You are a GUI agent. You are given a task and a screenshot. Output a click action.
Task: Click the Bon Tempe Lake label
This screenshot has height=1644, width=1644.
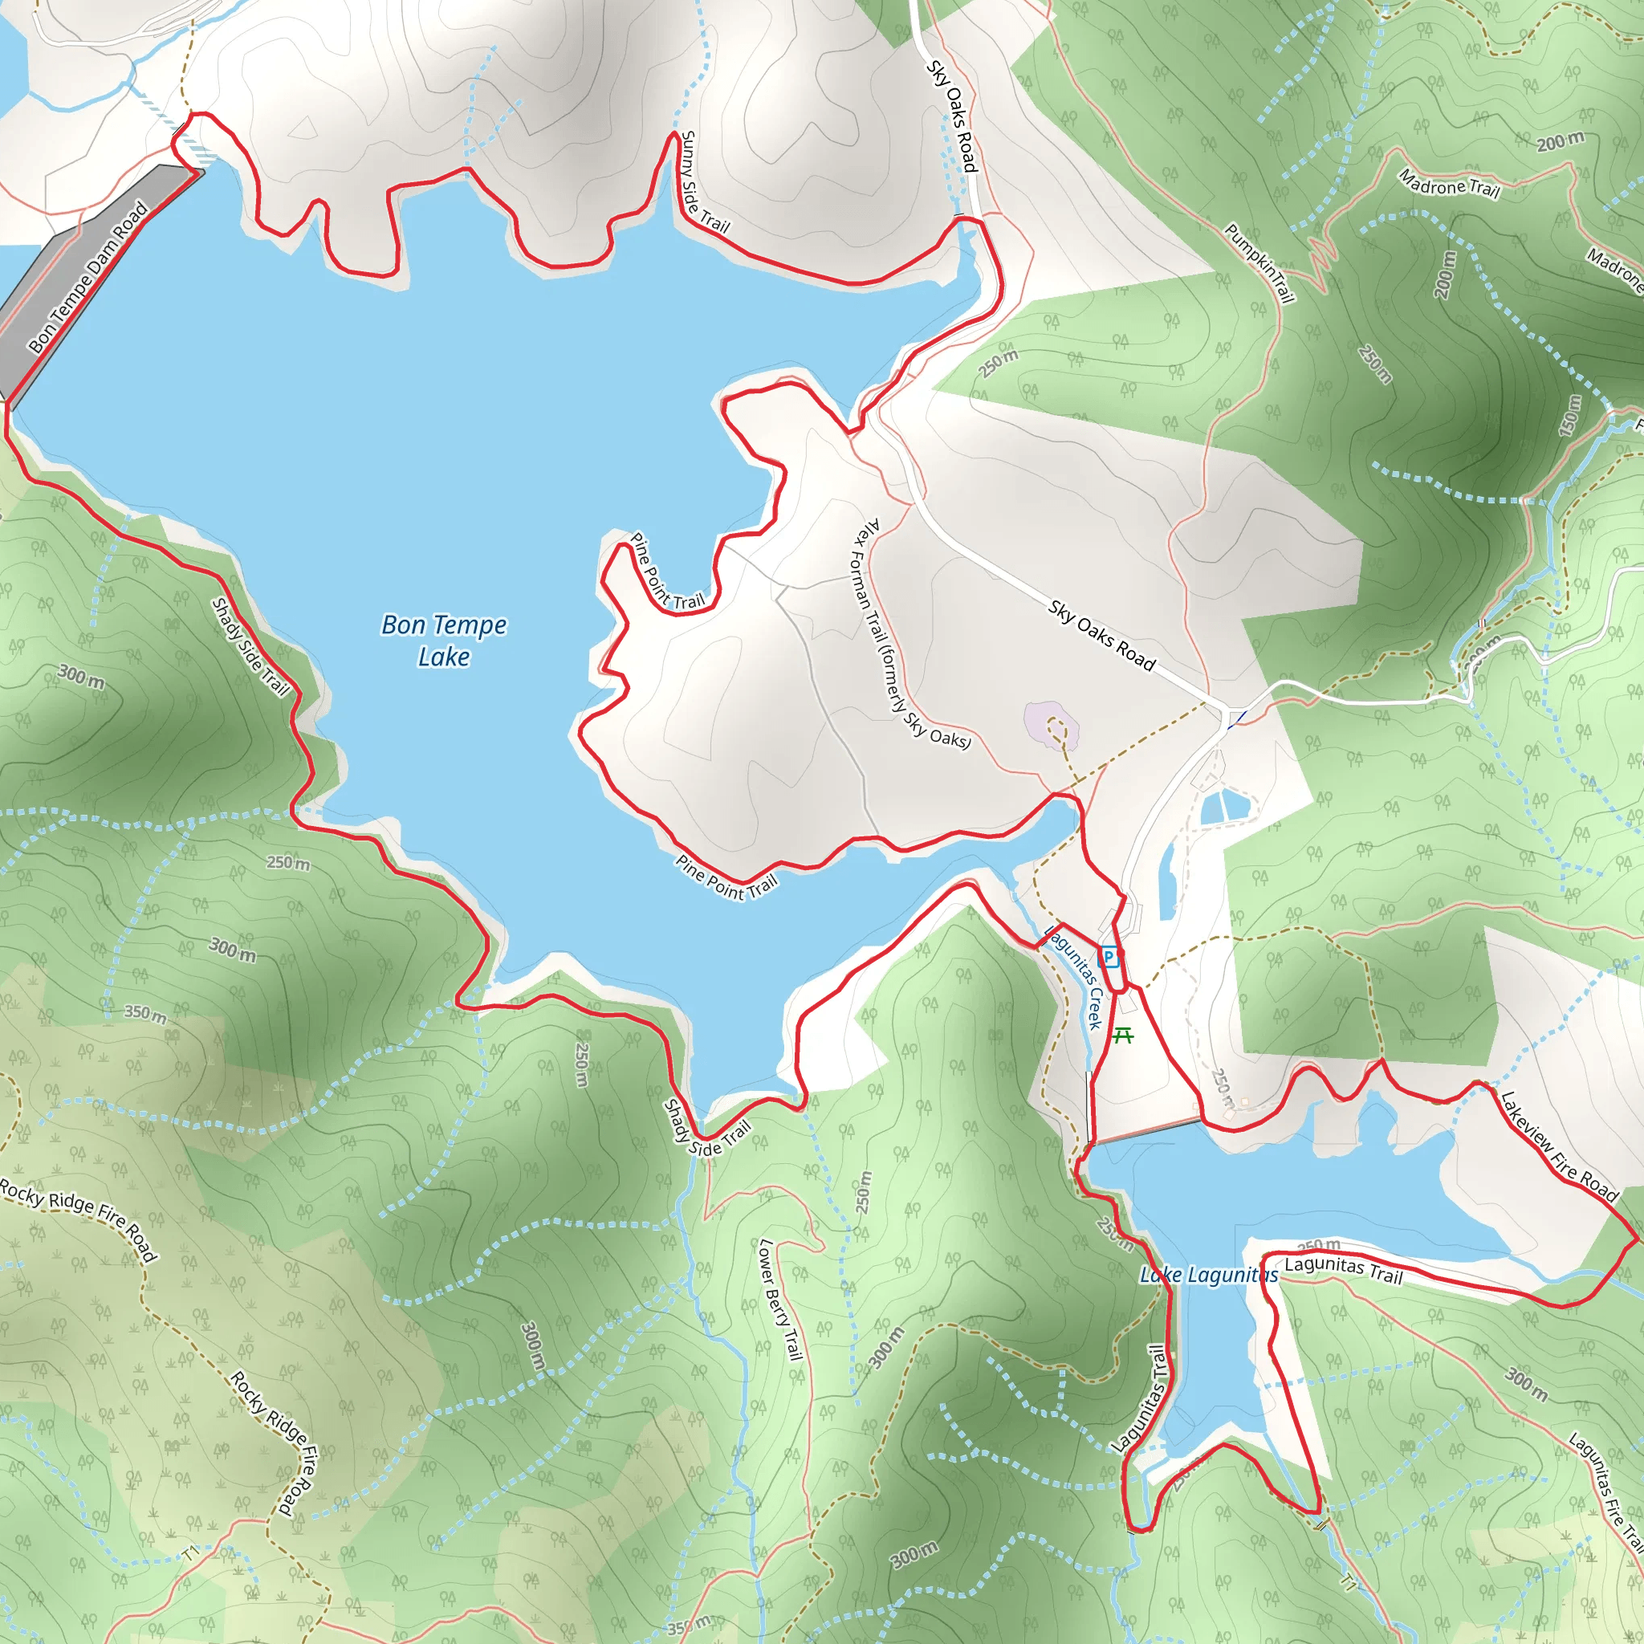pos(443,641)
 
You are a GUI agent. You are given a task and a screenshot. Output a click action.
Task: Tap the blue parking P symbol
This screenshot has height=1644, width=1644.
pos(1108,956)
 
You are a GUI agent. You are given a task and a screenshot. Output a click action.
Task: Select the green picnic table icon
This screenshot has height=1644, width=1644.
pos(1123,1035)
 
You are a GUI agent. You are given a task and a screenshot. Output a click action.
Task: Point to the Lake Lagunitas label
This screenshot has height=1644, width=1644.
pos(1208,1275)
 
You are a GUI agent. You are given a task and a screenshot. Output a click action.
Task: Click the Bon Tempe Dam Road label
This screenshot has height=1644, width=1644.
pos(87,278)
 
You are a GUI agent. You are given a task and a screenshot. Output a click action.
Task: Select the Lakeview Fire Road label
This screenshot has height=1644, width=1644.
pos(1558,1146)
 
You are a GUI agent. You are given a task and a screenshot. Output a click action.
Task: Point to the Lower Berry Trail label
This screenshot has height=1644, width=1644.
pos(780,1300)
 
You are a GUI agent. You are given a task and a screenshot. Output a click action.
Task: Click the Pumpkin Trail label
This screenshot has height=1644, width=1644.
pos(1259,263)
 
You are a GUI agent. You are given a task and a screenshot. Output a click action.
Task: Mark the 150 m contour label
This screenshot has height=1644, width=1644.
pos(1569,416)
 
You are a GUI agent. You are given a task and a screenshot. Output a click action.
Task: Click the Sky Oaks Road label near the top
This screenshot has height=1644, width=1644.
pos(952,116)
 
